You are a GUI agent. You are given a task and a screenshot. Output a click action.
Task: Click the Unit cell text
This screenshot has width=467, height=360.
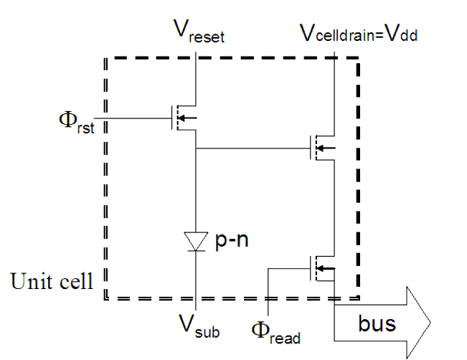[x=51, y=281]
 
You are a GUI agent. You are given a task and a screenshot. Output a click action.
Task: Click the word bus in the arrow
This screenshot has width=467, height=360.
[x=377, y=323]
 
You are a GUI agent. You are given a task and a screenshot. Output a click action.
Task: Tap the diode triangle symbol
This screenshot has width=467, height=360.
[x=196, y=239]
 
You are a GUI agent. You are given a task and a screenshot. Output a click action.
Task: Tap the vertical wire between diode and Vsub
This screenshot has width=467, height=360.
[x=196, y=280]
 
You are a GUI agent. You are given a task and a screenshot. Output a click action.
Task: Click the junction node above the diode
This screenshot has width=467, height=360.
[x=196, y=149]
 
